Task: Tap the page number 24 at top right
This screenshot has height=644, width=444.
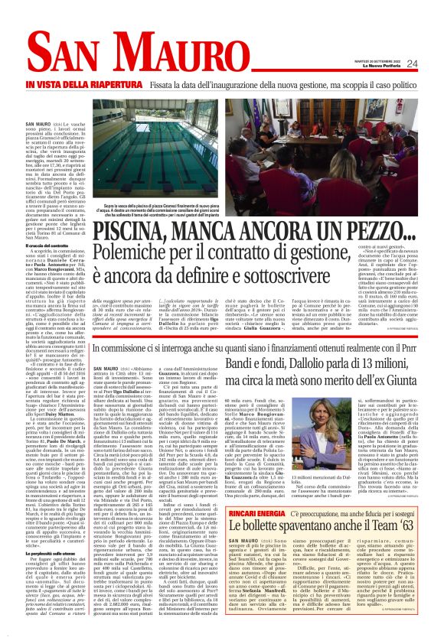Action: [433, 63]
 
